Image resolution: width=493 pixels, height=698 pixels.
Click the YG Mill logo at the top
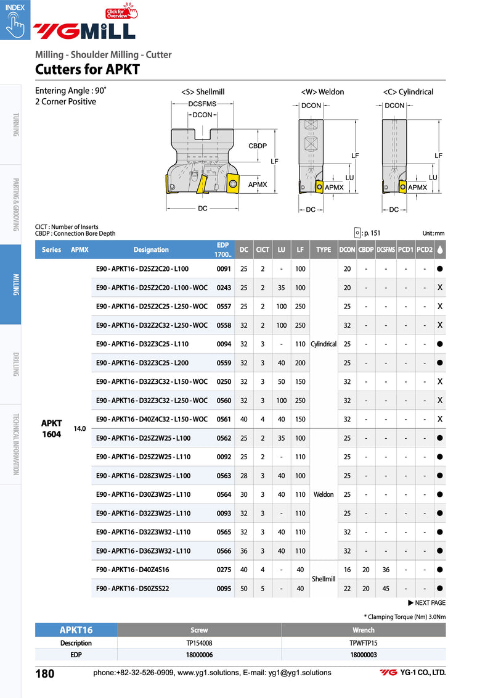tap(84, 30)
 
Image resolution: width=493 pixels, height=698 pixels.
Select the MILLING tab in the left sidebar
tap(16, 285)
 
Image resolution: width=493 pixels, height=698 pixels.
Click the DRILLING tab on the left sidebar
tap(16, 364)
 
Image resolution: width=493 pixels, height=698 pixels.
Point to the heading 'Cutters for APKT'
tap(88, 69)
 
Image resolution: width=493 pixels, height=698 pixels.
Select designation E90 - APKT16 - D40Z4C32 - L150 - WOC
tap(152, 419)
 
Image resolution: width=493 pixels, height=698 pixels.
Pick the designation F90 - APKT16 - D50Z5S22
tap(132, 588)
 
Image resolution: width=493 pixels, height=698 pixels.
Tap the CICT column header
tap(263, 250)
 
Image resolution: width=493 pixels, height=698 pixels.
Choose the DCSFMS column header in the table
tap(386, 250)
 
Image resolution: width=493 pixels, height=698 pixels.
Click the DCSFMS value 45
tap(386, 588)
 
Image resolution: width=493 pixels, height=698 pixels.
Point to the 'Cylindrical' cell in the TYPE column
tap(324, 344)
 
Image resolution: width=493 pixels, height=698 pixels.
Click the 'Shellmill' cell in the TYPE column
tap(324, 579)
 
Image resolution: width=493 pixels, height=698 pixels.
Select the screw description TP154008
tap(199, 642)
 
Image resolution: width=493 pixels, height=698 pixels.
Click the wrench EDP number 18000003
tap(364, 654)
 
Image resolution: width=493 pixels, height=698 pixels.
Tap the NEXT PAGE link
tap(426, 603)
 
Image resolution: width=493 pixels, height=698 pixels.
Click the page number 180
tap(46, 673)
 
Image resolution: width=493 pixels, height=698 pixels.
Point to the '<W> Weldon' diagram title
tap(322, 92)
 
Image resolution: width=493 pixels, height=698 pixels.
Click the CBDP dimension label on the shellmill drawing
tap(257, 146)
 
